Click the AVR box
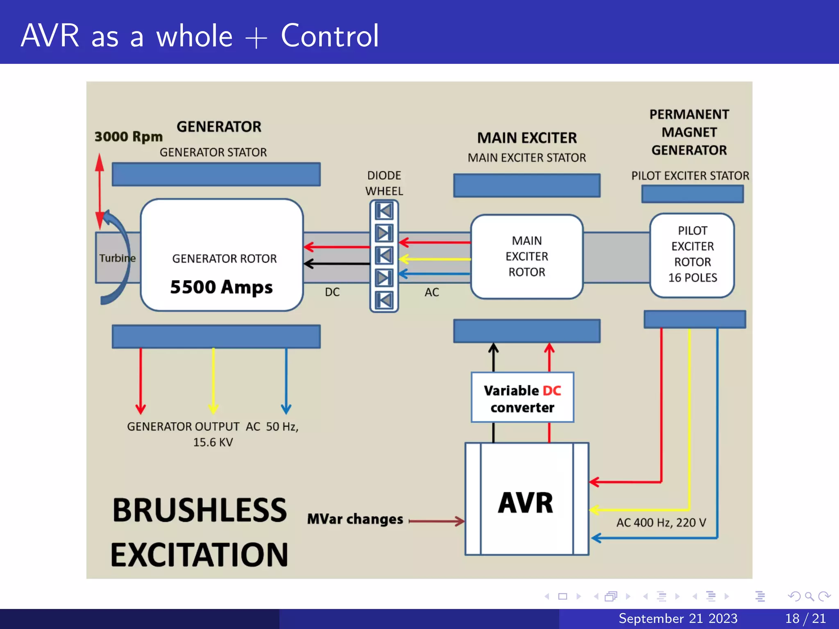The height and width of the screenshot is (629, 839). (526, 499)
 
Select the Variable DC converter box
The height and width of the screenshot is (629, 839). (522, 397)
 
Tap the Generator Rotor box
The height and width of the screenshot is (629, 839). (222, 255)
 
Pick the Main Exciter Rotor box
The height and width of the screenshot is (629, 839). (527, 256)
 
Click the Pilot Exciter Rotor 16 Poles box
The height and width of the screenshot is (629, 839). (692, 255)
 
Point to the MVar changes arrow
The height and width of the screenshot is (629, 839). (437, 521)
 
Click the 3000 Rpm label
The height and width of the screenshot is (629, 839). (129, 136)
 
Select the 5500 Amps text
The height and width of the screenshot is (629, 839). (221, 287)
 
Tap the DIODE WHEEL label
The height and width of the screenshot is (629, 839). (384, 183)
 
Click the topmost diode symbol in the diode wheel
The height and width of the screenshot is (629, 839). (384, 211)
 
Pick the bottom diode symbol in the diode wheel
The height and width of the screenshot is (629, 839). (384, 300)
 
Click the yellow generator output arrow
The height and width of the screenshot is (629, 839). (213, 381)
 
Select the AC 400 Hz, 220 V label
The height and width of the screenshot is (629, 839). (661, 523)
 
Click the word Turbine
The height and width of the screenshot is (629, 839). (117, 258)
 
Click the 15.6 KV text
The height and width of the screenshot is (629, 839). (213, 442)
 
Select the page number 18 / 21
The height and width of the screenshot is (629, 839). (805, 618)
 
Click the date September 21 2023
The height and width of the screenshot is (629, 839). (678, 618)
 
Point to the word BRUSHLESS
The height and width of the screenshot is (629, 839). (200, 510)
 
